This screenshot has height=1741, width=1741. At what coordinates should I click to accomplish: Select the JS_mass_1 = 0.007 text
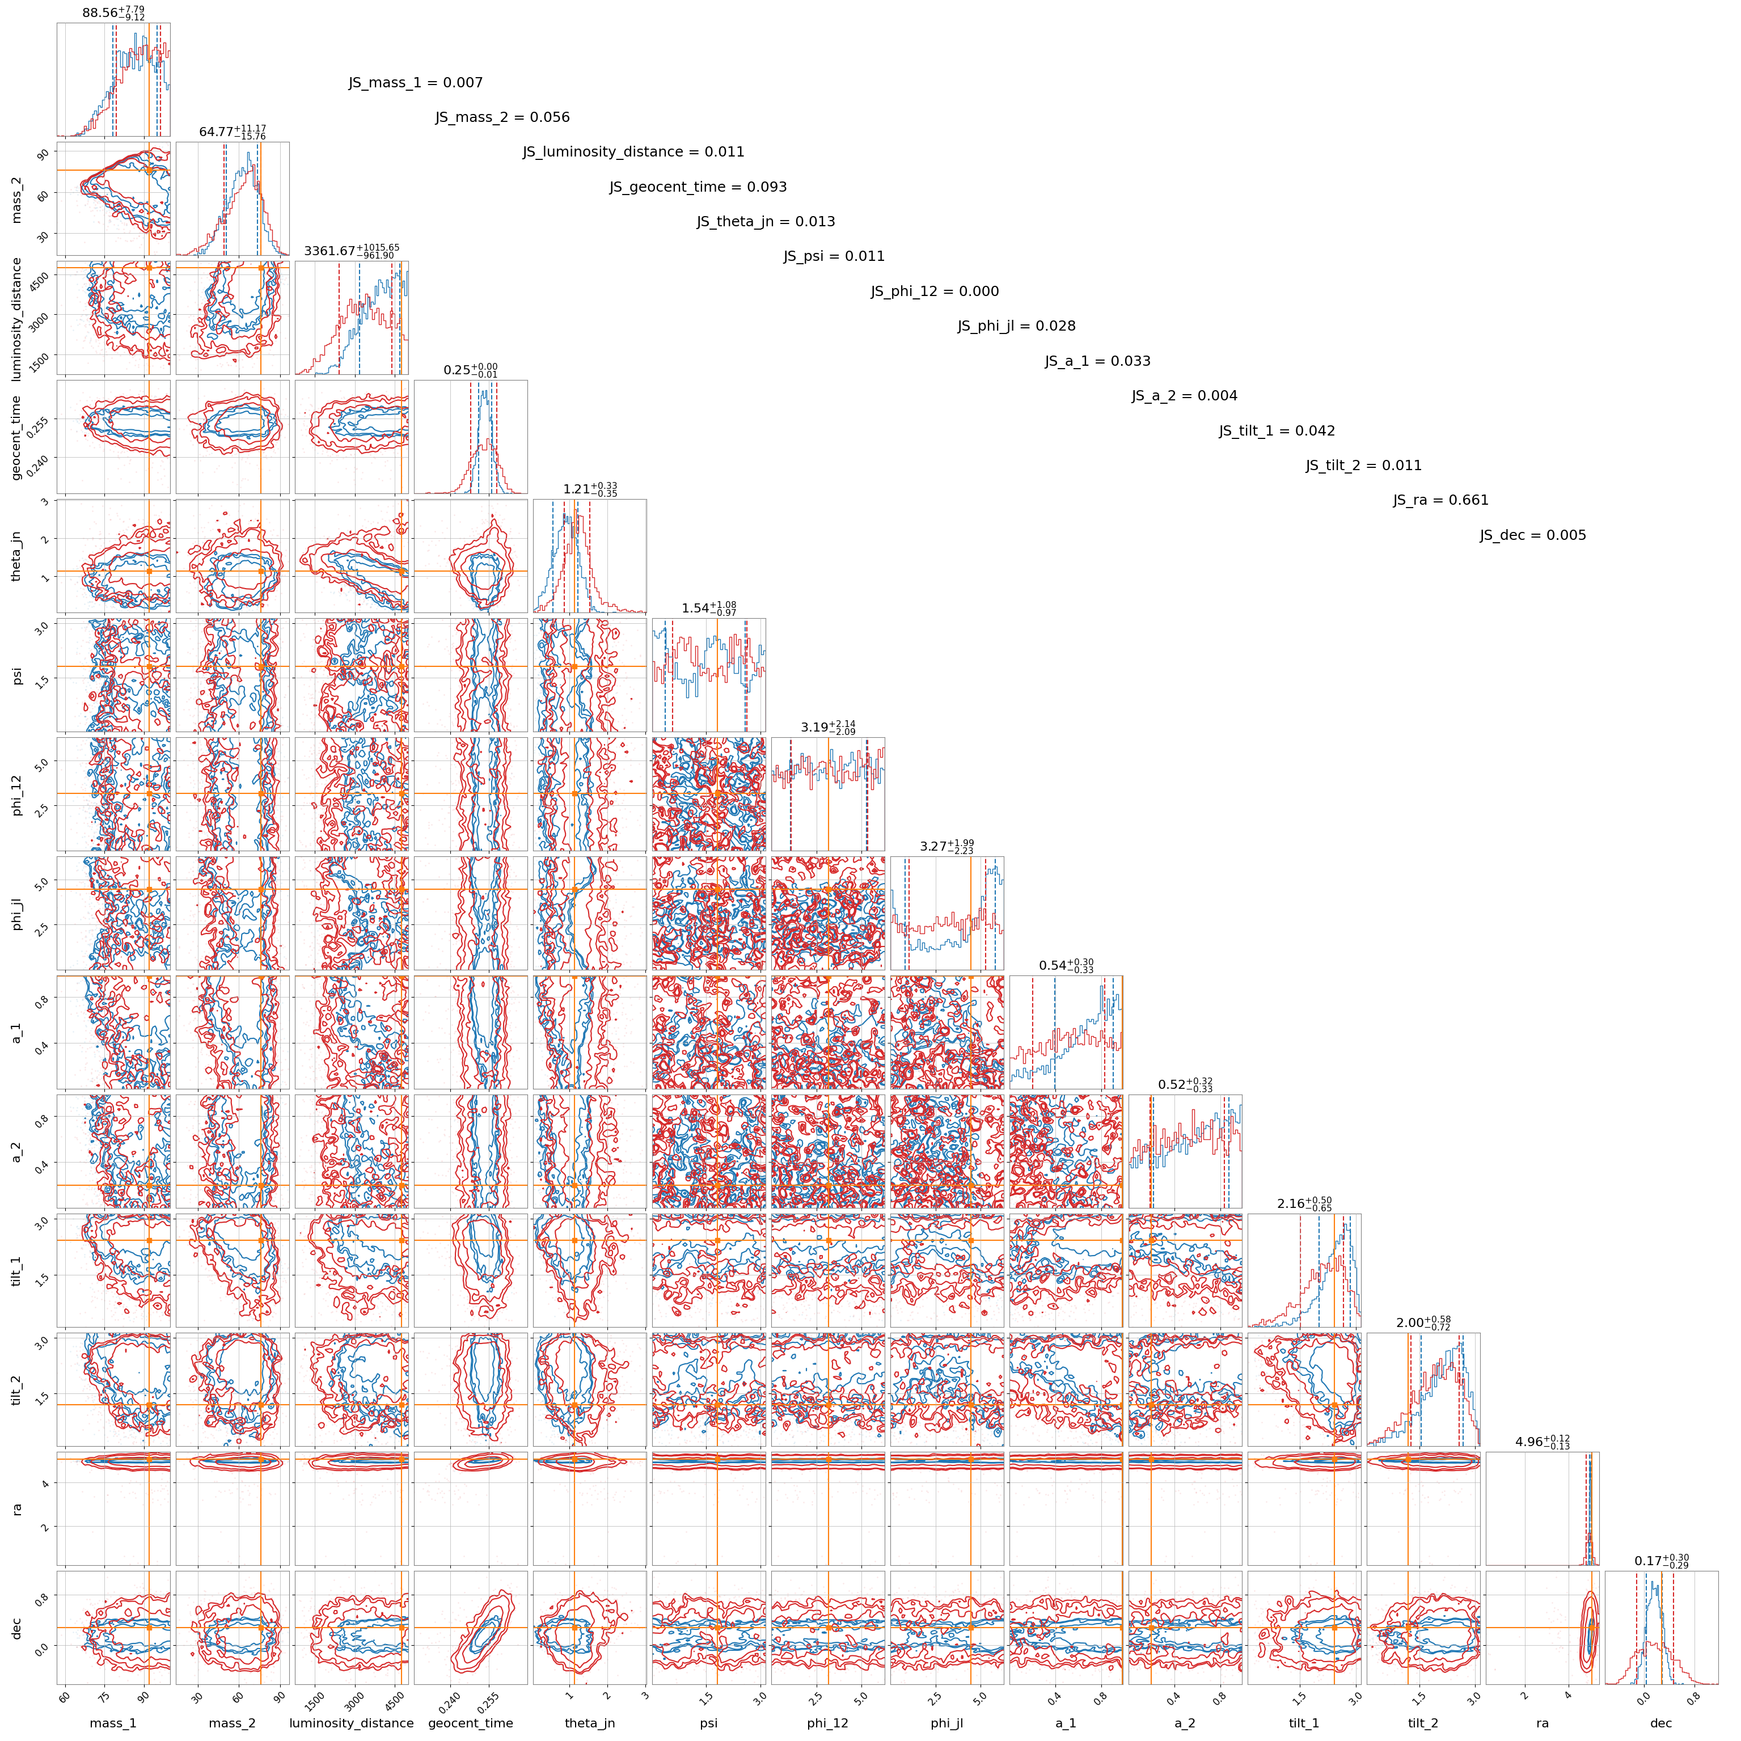[416, 83]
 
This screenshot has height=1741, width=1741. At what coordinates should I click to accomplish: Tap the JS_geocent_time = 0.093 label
[698, 188]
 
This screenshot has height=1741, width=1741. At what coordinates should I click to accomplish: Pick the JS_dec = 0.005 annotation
[1533, 535]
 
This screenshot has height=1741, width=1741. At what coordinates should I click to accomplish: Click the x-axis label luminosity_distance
[352, 1723]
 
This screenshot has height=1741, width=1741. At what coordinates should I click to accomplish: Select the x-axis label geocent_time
[470, 1723]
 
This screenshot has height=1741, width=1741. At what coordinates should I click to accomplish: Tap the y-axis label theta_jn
[17, 555]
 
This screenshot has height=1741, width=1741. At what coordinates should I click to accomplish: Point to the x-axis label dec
[1661, 1723]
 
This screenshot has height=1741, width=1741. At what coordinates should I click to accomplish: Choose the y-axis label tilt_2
[17, 1389]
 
